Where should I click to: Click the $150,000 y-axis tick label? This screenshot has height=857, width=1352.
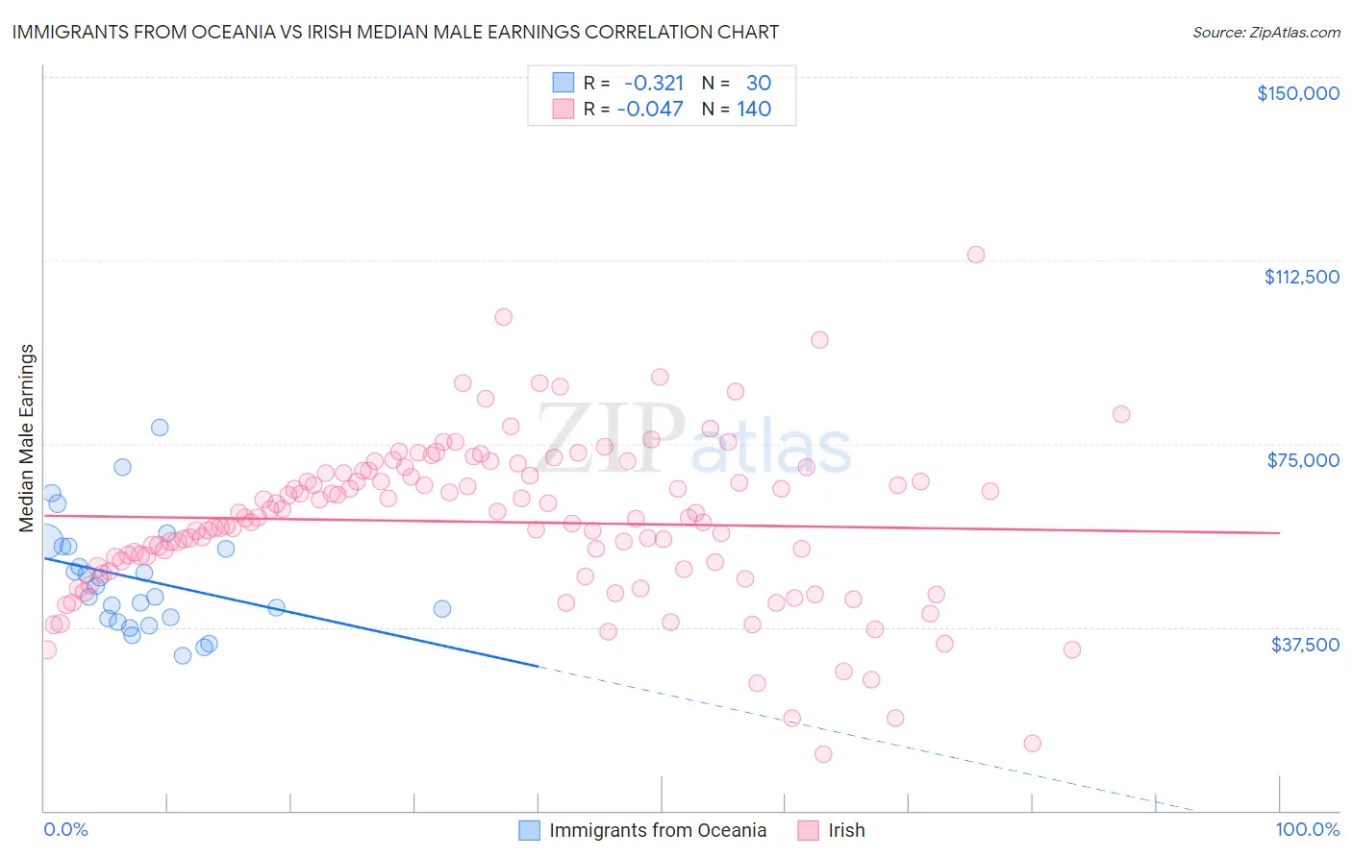(x=1297, y=93)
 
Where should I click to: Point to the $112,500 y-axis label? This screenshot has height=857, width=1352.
(x=1301, y=277)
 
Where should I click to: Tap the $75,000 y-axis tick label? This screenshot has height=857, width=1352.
(x=1303, y=460)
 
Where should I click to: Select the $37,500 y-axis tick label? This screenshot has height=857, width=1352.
(x=1304, y=645)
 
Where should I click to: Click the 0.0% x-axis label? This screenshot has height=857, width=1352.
(x=65, y=829)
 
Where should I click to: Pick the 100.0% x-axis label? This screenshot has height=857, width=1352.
(x=1307, y=829)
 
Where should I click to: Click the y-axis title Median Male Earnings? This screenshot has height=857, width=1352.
(x=27, y=437)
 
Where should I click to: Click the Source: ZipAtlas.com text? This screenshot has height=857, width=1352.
(x=1265, y=33)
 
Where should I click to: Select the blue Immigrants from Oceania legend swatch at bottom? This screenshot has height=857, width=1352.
(x=530, y=830)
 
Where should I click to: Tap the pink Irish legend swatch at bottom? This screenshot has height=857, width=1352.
(x=809, y=830)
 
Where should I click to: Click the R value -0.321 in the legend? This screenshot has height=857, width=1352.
(x=654, y=84)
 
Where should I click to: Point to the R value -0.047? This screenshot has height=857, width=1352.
(x=650, y=110)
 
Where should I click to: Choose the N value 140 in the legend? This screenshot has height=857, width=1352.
(x=754, y=110)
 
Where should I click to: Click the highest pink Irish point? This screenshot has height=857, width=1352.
(x=976, y=255)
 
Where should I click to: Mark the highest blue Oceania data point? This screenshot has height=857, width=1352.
(x=160, y=428)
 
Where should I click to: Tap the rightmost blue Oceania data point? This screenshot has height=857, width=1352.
(x=442, y=608)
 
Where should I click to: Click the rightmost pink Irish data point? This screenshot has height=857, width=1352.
(x=1121, y=414)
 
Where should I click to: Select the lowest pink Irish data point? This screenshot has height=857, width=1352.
(x=823, y=754)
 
